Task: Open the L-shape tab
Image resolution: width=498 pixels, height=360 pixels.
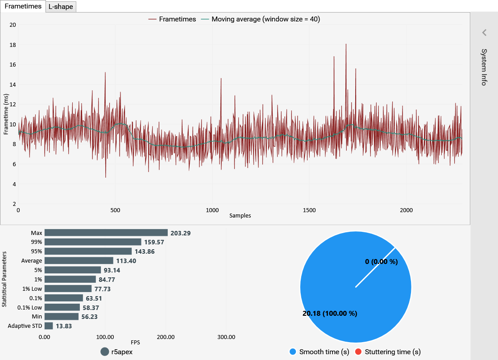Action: click(x=61, y=7)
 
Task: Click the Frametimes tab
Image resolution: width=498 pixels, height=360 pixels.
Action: click(x=23, y=6)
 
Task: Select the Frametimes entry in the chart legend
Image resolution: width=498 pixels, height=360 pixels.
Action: click(x=172, y=19)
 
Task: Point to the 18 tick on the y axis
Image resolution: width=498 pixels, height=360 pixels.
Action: click(x=12, y=45)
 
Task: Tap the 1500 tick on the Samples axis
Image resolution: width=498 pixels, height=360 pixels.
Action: click(x=309, y=210)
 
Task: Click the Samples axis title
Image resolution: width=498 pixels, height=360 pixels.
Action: click(x=240, y=216)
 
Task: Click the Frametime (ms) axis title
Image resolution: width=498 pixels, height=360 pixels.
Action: click(x=6, y=114)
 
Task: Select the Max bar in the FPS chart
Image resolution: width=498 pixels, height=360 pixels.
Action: click(x=106, y=233)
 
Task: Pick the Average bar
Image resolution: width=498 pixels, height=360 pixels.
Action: click(x=79, y=260)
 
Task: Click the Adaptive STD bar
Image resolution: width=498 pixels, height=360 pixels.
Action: click(x=49, y=326)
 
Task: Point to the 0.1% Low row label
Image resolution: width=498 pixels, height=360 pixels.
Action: click(x=29, y=307)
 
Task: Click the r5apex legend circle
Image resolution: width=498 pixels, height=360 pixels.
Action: click(x=105, y=352)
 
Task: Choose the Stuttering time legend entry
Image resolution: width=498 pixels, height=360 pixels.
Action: click(x=388, y=352)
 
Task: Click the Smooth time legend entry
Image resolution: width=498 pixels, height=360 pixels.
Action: click(x=319, y=352)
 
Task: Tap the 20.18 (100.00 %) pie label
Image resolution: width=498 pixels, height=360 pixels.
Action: click(x=330, y=314)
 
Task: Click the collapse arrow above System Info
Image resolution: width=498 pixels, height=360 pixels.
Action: click(x=484, y=32)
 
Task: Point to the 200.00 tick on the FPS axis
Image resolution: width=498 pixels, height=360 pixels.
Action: click(x=166, y=337)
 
